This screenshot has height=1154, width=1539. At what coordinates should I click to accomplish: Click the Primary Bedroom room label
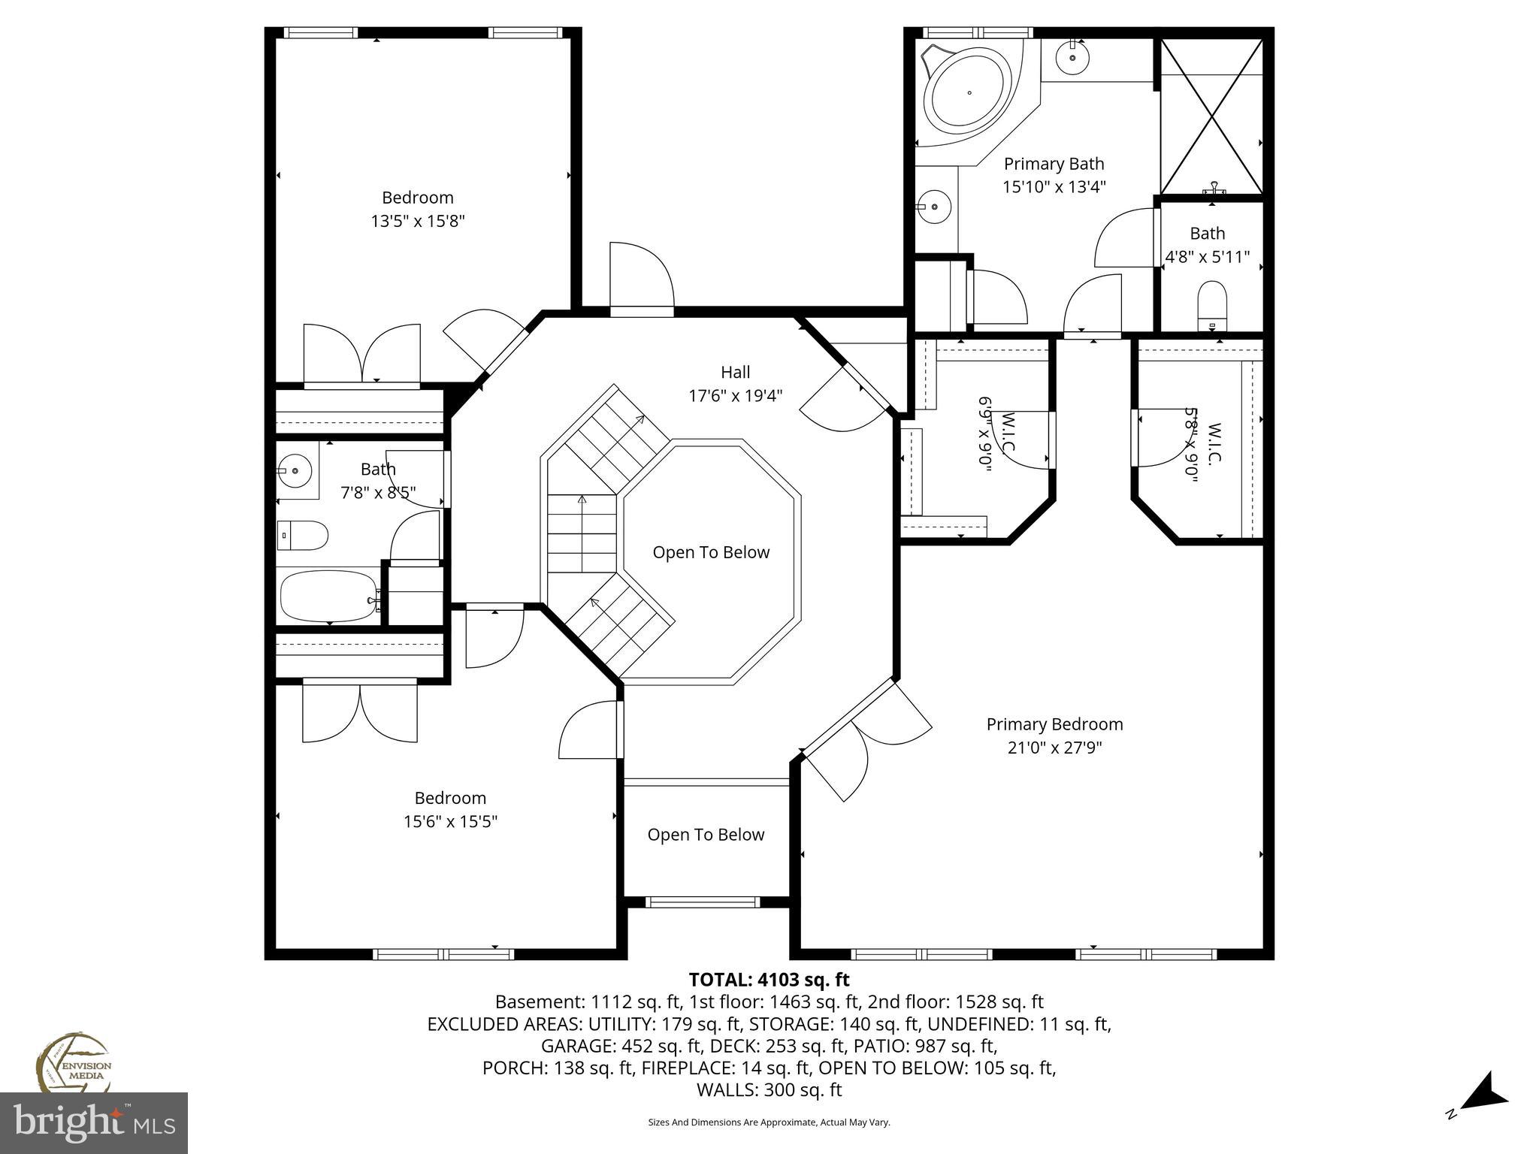(1054, 724)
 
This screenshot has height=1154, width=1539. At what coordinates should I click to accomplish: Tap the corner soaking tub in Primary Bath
(969, 94)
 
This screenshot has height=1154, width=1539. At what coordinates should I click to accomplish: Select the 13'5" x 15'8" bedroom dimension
(418, 222)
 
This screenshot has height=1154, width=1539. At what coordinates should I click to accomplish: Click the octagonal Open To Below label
(711, 553)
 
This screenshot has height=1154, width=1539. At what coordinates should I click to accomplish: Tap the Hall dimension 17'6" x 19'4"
(736, 396)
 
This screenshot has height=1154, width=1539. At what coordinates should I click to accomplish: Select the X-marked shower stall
(1212, 116)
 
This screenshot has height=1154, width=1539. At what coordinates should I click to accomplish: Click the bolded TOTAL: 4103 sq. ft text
(769, 980)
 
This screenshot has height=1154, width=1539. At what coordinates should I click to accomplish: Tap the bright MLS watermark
(94, 1122)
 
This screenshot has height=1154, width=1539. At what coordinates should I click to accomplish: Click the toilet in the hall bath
(303, 536)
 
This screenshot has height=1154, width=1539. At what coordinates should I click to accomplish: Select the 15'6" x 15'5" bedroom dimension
(450, 822)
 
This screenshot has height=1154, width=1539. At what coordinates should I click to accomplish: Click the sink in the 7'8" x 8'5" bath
(295, 471)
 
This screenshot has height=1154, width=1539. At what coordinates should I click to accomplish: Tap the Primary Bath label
(1054, 164)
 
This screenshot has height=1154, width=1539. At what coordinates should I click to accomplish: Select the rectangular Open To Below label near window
(706, 835)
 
